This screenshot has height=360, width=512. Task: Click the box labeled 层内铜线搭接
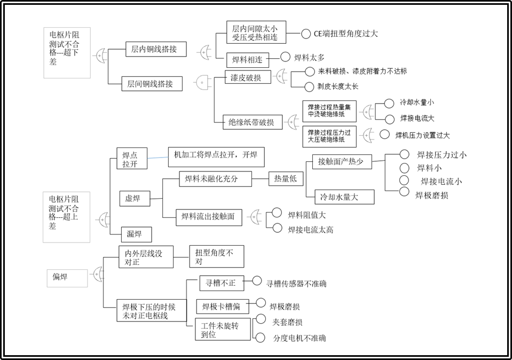tap(156, 49)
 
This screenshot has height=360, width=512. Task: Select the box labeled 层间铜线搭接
tap(152, 84)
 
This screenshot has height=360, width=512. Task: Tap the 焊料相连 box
tap(248, 60)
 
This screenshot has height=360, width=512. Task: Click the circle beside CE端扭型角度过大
tap(305, 34)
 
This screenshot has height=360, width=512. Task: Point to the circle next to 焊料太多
tap(286, 57)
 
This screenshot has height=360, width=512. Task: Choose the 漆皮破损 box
tap(248, 77)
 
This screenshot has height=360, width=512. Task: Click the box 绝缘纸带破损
tap(253, 122)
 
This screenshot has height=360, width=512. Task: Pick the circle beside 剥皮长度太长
tap(309, 87)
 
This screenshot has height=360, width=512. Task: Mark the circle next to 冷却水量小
tap(389, 103)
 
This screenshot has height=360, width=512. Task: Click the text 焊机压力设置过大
tap(422, 135)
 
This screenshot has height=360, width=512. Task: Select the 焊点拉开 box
tap(132, 159)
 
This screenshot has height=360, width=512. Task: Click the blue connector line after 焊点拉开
tap(157, 158)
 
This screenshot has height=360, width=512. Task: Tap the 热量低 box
tap(286, 178)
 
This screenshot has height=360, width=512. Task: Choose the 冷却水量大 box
tap(344, 197)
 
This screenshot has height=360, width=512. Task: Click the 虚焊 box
tap(135, 198)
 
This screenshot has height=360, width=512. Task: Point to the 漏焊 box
tap(137, 234)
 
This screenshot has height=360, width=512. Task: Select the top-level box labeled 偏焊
tap(67, 278)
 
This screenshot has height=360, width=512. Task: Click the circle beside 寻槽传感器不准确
tap(257, 280)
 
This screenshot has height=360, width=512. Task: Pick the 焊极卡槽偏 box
tap(223, 307)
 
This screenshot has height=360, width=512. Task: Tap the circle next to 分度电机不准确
tap(260, 338)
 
